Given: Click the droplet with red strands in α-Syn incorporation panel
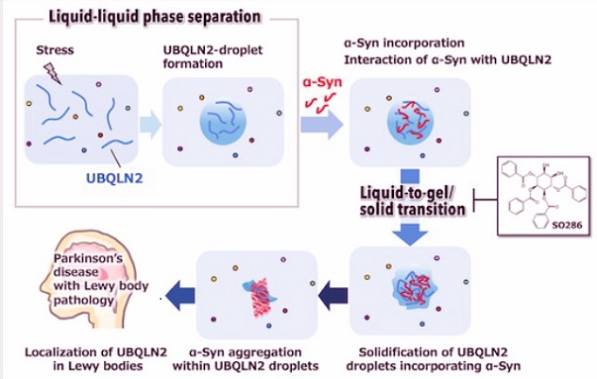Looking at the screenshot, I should point(410,123).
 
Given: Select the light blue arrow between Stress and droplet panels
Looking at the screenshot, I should point(151,122).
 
